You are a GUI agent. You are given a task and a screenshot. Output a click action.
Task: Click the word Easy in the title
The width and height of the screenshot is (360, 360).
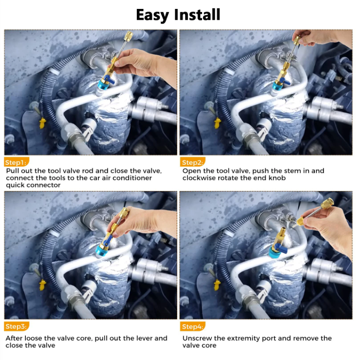coord(153,15)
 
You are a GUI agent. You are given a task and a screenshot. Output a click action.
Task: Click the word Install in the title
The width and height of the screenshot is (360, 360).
coord(197,15)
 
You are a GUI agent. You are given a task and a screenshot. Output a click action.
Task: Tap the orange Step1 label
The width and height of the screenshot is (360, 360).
coord(16,162)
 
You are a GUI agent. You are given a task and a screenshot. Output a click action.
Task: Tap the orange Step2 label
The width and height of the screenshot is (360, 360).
coord(192,162)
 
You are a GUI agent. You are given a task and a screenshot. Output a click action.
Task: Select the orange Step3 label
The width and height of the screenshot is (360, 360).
coord(16,326)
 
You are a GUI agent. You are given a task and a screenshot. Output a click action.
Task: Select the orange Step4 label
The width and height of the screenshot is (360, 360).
coord(192,326)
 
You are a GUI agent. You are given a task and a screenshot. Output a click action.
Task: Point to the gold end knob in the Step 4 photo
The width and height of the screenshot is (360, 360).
coord(327,203)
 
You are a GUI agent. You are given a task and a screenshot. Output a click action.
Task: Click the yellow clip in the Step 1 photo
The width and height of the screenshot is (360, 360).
coord(42,123)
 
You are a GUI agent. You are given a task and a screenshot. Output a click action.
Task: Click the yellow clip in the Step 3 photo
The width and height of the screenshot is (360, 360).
coord(42,285)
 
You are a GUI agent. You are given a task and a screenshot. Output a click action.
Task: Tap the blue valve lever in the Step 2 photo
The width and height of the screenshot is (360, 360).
coord(285,81)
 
